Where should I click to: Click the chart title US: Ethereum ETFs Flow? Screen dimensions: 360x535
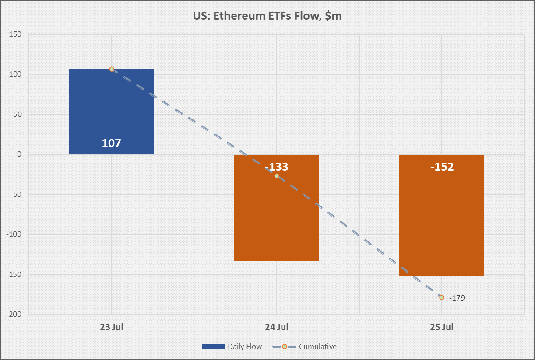click(x=267, y=16)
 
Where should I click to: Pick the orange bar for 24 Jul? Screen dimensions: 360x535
click(x=277, y=219)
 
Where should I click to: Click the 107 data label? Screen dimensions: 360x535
click(x=111, y=143)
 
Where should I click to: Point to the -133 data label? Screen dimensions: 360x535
click(x=277, y=167)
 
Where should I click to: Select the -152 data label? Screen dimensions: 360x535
click(x=441, y=167)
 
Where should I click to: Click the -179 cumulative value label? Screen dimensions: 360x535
click(x=457, y=298)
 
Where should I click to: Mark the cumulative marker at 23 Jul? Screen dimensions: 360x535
click(x=112, y=69)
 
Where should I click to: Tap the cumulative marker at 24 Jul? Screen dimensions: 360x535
click(x=277, y=176)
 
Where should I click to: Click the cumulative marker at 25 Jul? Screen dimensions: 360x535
click(x=441, y=297)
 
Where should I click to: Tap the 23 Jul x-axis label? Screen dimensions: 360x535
click(x=111, y=327)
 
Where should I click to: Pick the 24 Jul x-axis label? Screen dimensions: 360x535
click(x=277, y=327)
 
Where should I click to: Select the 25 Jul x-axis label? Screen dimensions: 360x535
click(x=441, y=327)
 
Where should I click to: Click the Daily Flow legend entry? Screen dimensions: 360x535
click(x=232, y=346)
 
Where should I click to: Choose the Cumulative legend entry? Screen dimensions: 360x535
click(x=305, y=346)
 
